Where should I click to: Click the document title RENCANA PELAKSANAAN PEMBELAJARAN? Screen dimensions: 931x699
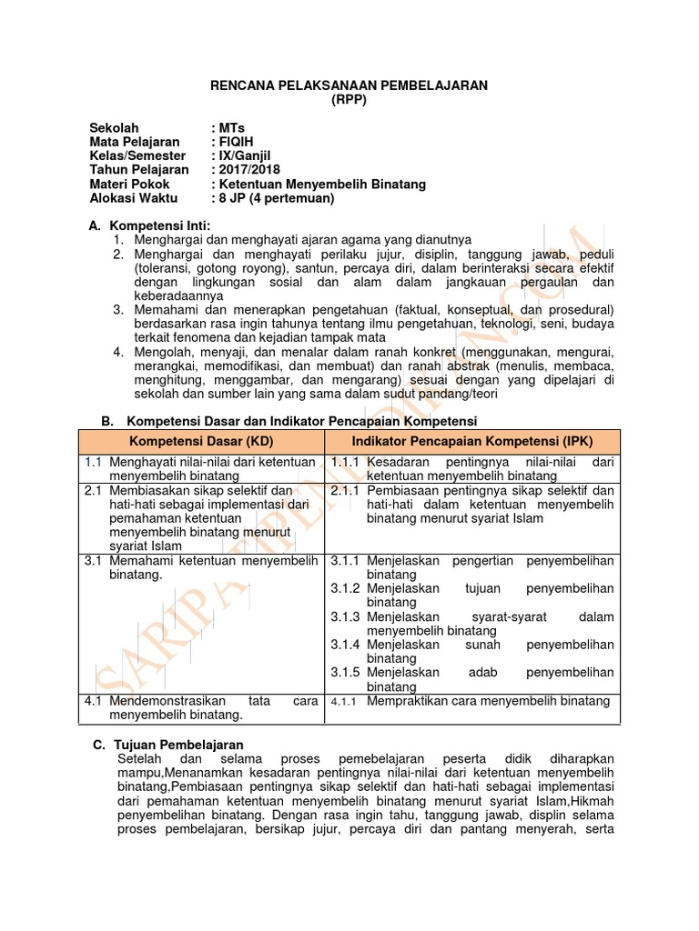point(349,85)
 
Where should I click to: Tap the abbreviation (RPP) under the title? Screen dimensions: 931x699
point(349,99)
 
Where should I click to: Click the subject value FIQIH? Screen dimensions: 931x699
point(238,142)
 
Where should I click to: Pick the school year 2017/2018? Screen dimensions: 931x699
point(248,169)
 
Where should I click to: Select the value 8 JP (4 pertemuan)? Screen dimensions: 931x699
point(276,197)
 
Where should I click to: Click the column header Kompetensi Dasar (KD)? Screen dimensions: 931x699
point(203,441)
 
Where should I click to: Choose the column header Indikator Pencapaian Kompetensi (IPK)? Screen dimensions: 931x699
point(471,441)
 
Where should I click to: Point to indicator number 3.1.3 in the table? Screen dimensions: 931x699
point(346,616)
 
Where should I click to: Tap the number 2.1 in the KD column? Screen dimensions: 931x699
point(93,491)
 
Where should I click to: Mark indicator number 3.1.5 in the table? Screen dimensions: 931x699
point(346,673)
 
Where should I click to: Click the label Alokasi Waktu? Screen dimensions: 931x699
point(134,197)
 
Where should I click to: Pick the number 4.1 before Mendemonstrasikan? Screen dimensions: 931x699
point(93,701)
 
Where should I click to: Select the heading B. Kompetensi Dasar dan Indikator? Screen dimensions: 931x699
point(289,420)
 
